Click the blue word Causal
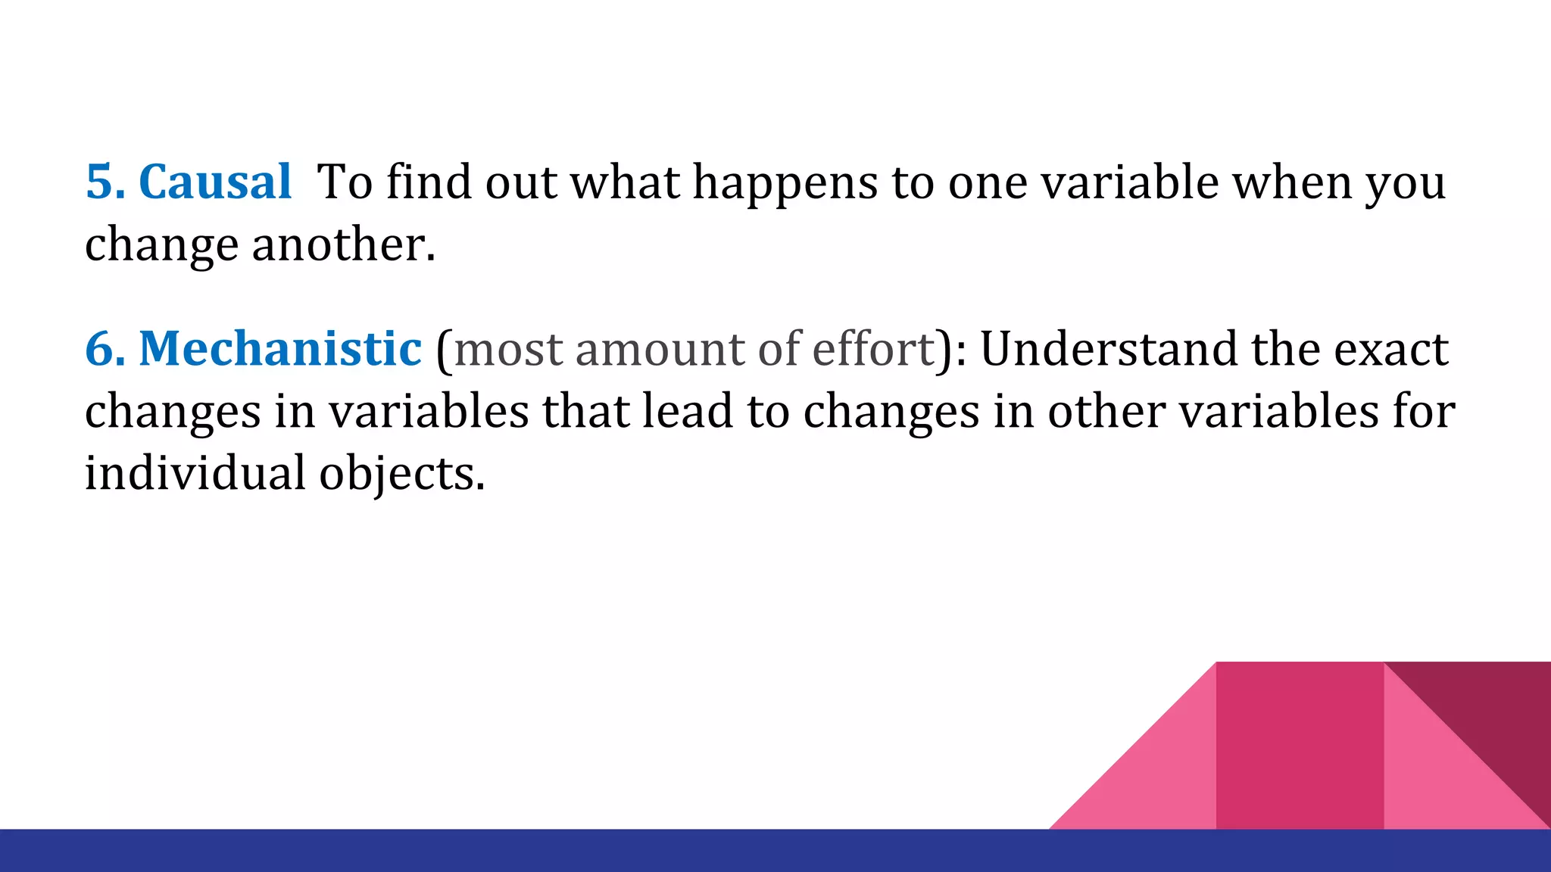coord(215,182)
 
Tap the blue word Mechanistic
coord(279,349)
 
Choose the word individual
coord(195,473)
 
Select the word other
coord(1106,411)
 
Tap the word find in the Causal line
coord(429,182)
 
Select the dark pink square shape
coord(1300,746)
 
